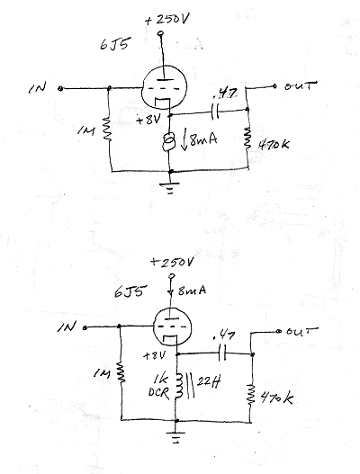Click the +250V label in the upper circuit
[167, 20]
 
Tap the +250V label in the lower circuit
[172, 262]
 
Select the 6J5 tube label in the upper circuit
[114, 45]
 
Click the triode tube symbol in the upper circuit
[165, 88]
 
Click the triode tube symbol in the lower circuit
[172, 327]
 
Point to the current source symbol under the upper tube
[168, 141]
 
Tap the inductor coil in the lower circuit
[178, 385]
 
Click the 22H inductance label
[209, 382]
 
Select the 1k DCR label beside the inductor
[159, 386]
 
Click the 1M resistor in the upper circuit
[107, 129]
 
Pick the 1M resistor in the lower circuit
[121, 372]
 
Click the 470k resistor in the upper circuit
[247, 138]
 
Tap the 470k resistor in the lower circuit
[250, 394]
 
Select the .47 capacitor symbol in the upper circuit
[215, 112]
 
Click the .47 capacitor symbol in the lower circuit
[222, 353]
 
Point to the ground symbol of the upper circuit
[170, 187]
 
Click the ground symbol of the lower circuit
[175, 437]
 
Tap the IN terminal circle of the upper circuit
[60, 88]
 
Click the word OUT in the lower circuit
[301, 331]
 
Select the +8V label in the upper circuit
[148, 121]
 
